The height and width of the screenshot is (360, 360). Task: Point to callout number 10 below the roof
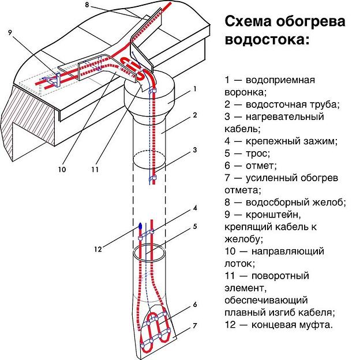[x=62, y=170]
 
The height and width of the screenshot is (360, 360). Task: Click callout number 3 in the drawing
[x=195, y=149]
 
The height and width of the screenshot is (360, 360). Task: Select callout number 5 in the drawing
[x=195, y=226]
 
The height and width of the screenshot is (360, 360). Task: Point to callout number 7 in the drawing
[x=195, y=326]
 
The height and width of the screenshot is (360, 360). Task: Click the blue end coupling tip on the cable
[x=140, y=223]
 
